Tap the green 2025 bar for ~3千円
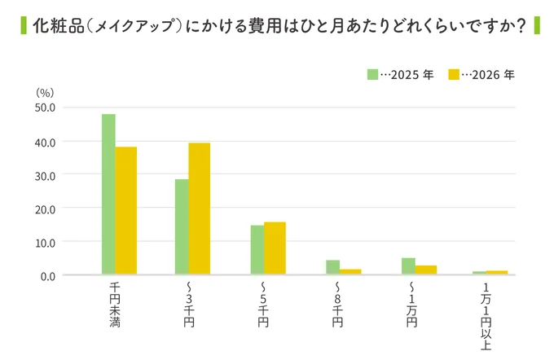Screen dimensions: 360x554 (182, 227)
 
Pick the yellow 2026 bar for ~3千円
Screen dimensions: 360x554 (200, 209)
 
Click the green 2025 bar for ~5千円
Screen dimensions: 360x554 (257, 250)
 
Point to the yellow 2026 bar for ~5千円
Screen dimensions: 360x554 (275, 248)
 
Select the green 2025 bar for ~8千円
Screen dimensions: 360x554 (332, 267)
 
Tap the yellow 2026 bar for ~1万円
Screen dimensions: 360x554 (426, 270)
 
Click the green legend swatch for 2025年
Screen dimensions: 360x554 (372, 74)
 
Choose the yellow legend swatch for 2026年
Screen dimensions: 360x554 (455, 74)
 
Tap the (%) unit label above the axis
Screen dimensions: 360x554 (45, 92)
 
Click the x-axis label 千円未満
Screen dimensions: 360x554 (115, 305)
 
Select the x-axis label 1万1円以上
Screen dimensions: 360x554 (486, 310)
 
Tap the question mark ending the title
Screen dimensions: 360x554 (519, 27)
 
